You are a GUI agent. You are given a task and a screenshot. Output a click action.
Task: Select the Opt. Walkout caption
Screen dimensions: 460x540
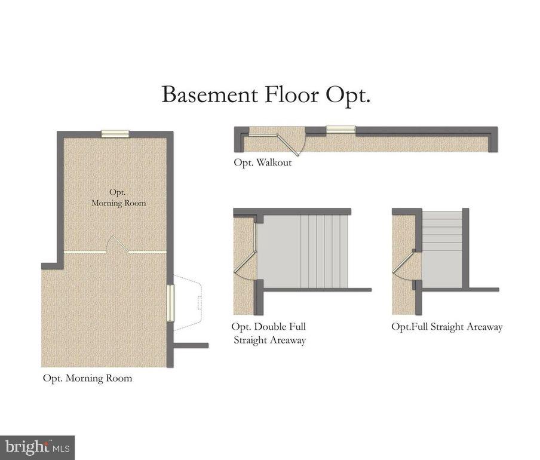click(x=263, y=162)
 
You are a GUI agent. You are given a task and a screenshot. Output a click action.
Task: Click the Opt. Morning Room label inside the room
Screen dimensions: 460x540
click(x=118, y=198)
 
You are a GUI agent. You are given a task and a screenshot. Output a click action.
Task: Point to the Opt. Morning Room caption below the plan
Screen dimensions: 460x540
click(x=87, y=378)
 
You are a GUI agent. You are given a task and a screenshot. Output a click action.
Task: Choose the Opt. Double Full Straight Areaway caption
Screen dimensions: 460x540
click(x=269, y=333)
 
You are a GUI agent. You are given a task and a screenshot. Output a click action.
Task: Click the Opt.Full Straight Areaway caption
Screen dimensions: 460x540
click(x=447, y=327)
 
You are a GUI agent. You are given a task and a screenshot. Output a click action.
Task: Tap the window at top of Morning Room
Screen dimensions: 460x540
click(x=116, y=134)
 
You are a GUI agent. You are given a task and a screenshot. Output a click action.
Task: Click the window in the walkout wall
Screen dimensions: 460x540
click(x=340, y=130)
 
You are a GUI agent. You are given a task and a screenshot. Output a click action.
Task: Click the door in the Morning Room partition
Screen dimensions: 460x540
click(x=117, y=245)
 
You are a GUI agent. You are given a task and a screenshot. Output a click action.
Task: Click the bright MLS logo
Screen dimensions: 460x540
click(x=37, y=447)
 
